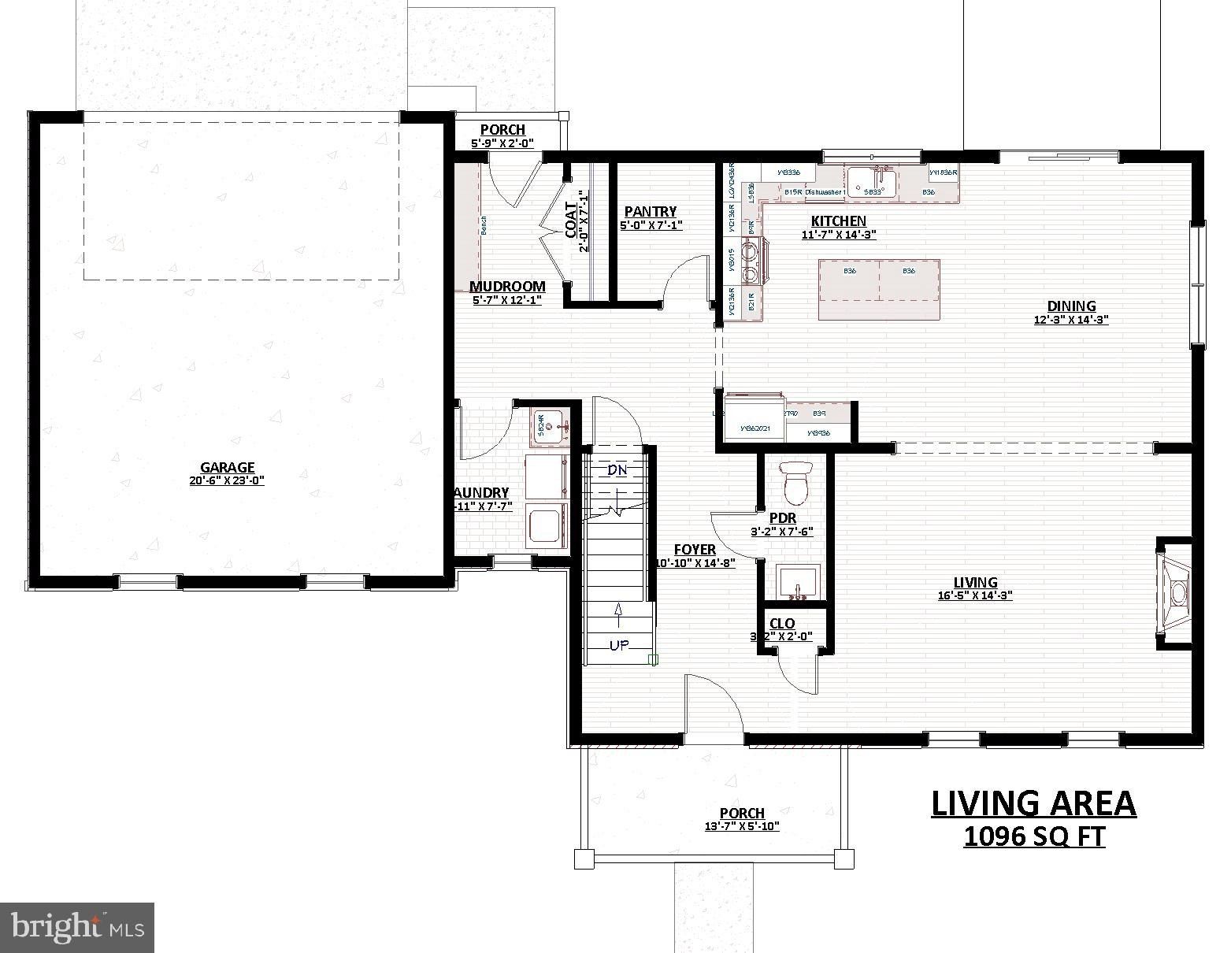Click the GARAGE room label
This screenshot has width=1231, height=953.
[x=227, y=467]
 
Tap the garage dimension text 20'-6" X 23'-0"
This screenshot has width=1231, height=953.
[x=227, y=480]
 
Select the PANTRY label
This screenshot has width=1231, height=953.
[x=650, y=212]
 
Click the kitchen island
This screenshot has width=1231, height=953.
[x=879, y=289]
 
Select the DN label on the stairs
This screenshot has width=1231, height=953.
[x=617, y=471]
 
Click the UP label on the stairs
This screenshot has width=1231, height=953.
[x=619, y=645]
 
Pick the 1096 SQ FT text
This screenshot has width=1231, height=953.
[x=1034, y=836]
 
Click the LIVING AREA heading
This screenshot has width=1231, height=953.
[x=1034, y=803]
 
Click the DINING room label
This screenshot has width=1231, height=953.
[x=1071, y=306]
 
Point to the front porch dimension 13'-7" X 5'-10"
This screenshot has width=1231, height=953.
[x=742, y=826]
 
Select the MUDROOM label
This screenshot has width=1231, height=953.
[x=507, y=287]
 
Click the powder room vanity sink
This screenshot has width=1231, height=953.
[x=798, y=583]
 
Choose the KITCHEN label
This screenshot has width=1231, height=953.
[x=839, y=221]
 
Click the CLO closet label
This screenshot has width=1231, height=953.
[x=782, y=624]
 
